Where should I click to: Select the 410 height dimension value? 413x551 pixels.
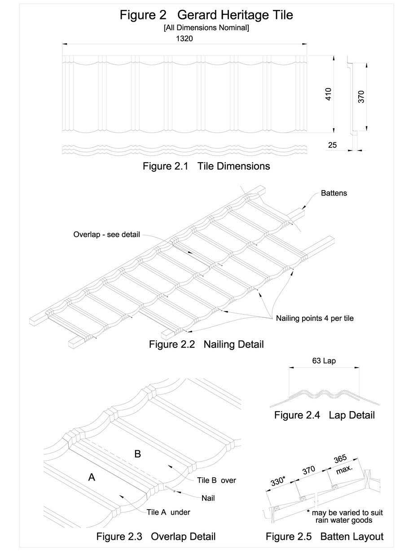pyautogui.click(x=329, y=94)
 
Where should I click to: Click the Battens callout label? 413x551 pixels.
pyautogui.click(x=334, y=194)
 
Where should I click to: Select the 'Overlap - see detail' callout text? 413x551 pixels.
pyautogui.click(x=107, y=235)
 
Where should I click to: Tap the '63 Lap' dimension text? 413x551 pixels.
pyautogui.click(x=324, y=360)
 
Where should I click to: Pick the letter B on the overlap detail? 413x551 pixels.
pyautogui.click(x=138, y=454)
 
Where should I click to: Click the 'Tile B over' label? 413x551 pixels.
pyautogui.click(x=216, y=480)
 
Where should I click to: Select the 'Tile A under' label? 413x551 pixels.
pyautogui.click(x=168, y=512)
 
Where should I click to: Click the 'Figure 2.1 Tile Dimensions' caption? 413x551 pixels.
pyautogui.click(x=206, y=166)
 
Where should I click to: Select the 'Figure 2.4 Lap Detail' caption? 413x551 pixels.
pyautogui.click(x=324, y=415)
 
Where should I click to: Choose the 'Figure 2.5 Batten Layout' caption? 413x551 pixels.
pyautogui.click(x=324, y=536)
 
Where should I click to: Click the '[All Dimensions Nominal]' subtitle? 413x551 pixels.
pyautogui.click(x=206, y=28)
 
